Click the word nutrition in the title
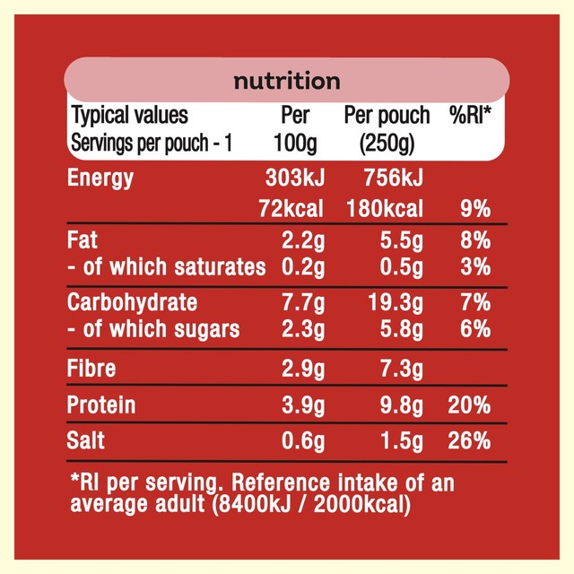pyautogui.click(x=287, y=81)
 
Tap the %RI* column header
pyautogui.click(x=470, y=115)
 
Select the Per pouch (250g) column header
pyautogui.click(x=387, y=129)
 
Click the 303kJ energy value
pyautogui.click(x=295, y=178)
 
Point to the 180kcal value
pyautogui.click(x=385, y=209)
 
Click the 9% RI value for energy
pyautogui.click(x=475, y=209)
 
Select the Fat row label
pyautogui.click(x=82, y=240)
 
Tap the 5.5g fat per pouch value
pyautogui.click(x=401, y=241)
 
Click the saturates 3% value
pyautogui.click(x=475, y=266)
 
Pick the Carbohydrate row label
pyautogui.click(x=132, y=303)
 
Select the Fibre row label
pyautogui.click(x=91, y=368)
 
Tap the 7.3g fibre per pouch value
pyautogui.click(x=401, y=369)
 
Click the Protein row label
pyautogui.click(x=101, y=404)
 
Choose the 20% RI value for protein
pyautogui.click(x=469, y=405)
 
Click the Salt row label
pyautogui.click(x=86, y=440)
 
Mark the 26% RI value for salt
pyautogui.click(x=469, y=440)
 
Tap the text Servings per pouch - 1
pyautogui.click(x=152, y=143)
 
